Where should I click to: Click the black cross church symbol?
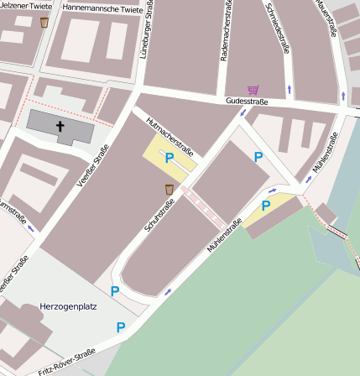60,127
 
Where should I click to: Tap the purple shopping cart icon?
253,89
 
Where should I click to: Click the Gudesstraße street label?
247,102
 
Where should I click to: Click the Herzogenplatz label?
68,306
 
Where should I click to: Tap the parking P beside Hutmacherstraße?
170,157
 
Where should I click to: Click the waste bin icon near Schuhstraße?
170,190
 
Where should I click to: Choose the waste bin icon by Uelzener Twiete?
44,23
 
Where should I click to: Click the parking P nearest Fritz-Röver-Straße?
121,327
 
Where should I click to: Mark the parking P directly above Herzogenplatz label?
115,290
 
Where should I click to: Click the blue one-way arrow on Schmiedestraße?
290,88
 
